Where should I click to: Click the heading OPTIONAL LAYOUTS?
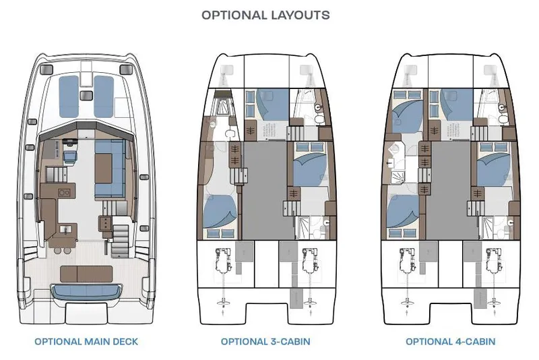(x=265, y=15)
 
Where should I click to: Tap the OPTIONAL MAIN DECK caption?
(x=86, y=342)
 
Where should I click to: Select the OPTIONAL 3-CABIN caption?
(x=265, y=342)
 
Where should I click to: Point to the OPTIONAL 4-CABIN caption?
(x=450, y=342)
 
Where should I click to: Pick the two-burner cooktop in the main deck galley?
(x=65, y=192)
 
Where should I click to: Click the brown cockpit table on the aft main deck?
(x=86, y=274)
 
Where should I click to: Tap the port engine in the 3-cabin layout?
(x=224, y=260)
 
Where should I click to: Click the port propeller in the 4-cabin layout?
(x=406, y=301)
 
